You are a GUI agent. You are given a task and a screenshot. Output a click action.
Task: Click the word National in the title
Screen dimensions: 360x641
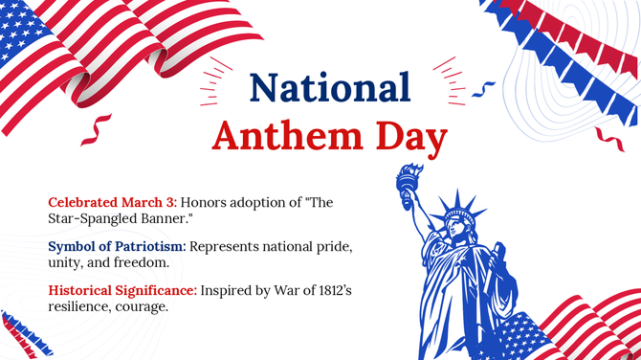point(330,87)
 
